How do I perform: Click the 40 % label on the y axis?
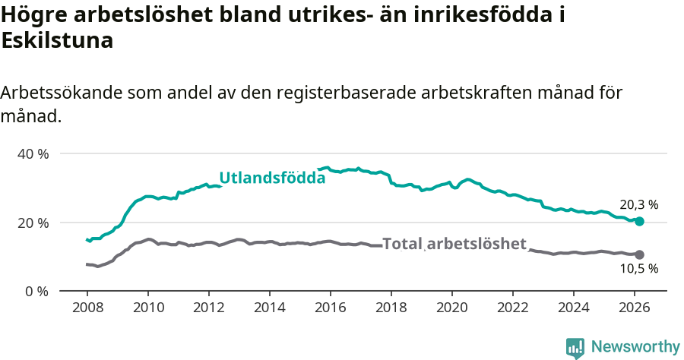32,154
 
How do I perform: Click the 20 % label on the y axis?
32,223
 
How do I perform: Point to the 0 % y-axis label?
36,291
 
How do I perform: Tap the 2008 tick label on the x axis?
87,308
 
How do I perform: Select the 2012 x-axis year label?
208,308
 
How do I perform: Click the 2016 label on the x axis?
330,308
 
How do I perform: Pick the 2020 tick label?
451,308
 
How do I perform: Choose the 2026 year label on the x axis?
634,308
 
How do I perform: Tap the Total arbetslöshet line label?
454,244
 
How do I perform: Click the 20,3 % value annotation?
638,205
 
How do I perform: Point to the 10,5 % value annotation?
638,268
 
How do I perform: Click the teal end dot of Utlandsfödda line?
639,221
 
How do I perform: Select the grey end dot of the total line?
639,254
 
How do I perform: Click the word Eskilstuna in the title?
58,41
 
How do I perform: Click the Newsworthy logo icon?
575,348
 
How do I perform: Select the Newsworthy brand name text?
635,347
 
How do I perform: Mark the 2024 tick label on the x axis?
573,308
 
